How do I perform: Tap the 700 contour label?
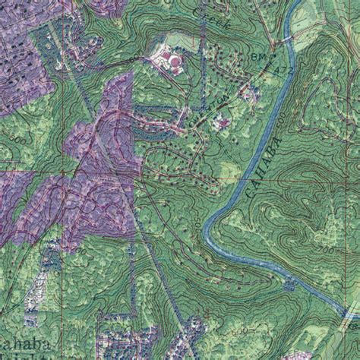tap(326, 250)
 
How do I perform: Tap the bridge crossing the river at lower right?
tap(348, 312)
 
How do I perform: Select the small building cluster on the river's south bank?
tap(289, 285)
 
